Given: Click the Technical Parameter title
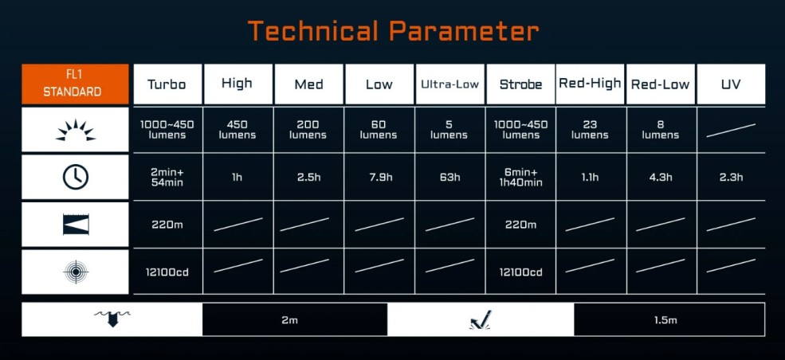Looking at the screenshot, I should (x=393, y=31).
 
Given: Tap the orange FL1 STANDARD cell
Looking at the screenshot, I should (x=75, y=84).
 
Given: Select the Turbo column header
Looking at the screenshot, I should (x=167, y=84).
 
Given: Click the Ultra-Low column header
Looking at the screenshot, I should (x=449, y=84).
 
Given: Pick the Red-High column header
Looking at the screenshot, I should (x=590, y=84).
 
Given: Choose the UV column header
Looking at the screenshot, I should (x=731, y=84).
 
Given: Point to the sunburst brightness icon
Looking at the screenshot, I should (x=75, y=130).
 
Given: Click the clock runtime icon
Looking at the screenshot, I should (x=75, y=177).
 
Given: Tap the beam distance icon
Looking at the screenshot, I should (x=75, y=224).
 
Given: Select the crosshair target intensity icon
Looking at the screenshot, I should (x=75, y=272).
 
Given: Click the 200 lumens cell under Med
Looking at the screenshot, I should (x=308, y=130).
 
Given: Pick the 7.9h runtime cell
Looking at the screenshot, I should (x=379, y=177).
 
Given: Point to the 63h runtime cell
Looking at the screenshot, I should (x=449, y=177).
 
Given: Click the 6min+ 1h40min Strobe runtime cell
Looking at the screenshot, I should (x=520, y=177).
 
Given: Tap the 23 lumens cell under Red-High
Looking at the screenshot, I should (x=590, y=130).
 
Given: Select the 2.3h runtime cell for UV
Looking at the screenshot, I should (x=731, y=177).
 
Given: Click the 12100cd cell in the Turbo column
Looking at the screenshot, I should (x=167, y=272).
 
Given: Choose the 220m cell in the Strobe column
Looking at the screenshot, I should (x=520, y=224).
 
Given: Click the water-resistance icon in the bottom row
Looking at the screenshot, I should (x=112, y=319).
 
